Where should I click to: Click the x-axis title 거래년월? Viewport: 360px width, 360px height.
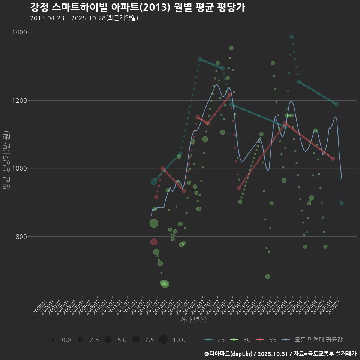click(193, 320)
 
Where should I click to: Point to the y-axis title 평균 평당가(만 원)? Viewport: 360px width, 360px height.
click(6, 161)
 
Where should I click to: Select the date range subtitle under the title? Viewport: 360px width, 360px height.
click(84, 18)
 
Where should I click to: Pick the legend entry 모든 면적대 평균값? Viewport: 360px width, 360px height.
click(313, 340)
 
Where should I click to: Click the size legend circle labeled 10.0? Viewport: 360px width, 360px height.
click(163, 340)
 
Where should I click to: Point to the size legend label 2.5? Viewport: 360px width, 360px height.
click(94, 340)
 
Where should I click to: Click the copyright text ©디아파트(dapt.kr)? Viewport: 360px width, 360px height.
click(229, 354)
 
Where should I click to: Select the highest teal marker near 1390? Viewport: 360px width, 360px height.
click(291, 37)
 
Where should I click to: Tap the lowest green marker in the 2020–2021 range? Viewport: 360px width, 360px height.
click(268, 276)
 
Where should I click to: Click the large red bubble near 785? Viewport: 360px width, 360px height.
click(154, 241)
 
